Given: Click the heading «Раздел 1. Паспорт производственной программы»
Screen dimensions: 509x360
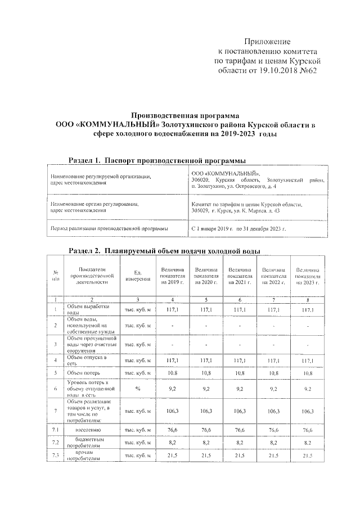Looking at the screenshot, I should [x=157, y=160].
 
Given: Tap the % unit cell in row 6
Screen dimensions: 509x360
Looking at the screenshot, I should [x=137, y=388].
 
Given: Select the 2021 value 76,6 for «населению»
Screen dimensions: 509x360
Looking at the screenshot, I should [x=240, y=430].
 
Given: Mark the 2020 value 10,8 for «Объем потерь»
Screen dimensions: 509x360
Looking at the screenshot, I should [x=206, y=372].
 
